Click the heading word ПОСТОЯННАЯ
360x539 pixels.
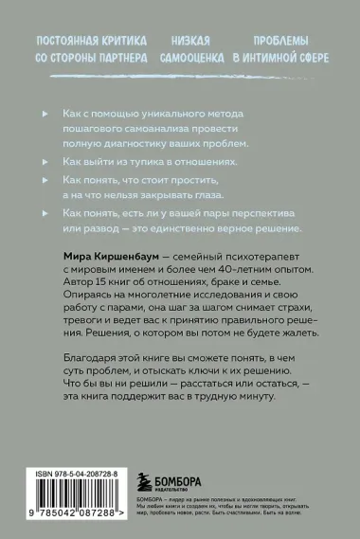click(68, 42)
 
